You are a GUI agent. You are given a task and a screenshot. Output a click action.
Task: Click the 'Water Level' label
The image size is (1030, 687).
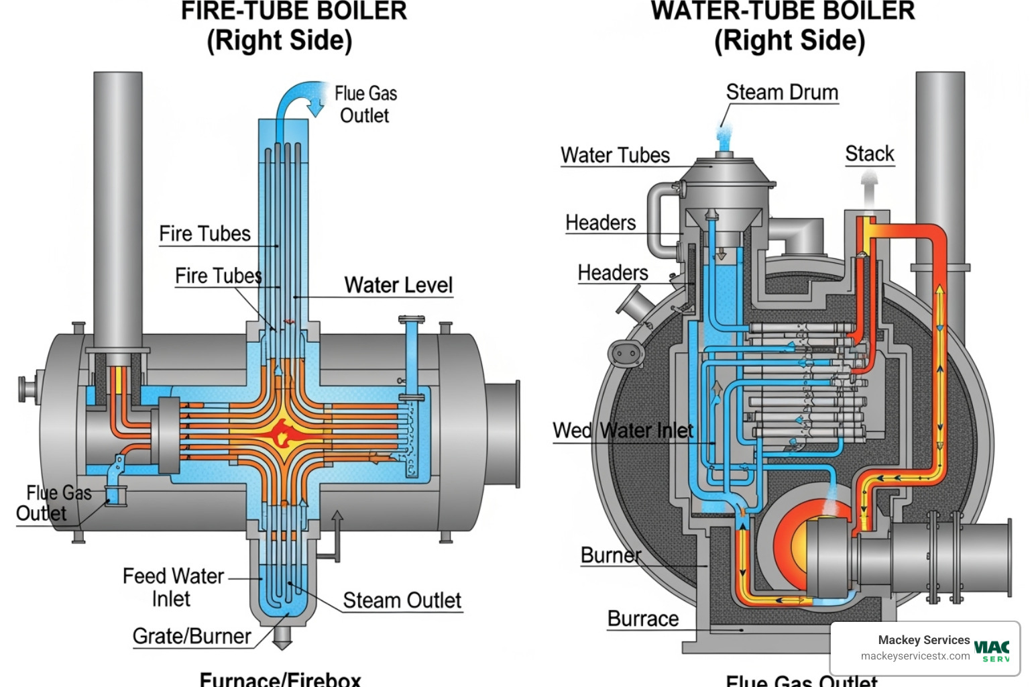(x=398, y=285)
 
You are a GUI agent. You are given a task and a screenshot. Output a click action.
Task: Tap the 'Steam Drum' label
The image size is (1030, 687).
(x=782, y=93)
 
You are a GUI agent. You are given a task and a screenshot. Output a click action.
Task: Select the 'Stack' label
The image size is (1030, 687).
(x=869, y=154)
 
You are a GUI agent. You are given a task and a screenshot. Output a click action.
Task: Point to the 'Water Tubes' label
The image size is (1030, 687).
(x=615, y=156)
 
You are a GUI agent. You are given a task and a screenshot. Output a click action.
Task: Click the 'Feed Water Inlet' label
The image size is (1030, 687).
(x=172, y=587)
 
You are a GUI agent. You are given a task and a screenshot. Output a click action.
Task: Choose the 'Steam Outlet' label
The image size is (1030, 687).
(x=402, y=600)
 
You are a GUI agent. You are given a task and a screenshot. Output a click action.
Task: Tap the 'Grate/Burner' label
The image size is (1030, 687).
(x=192, y=636)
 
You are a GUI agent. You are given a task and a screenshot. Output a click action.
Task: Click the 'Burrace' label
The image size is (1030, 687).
(x=642, y=619)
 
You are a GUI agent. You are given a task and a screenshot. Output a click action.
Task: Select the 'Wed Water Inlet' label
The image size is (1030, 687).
(x=622, y=431)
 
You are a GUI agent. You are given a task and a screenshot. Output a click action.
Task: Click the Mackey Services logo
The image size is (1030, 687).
(x=992, y=649)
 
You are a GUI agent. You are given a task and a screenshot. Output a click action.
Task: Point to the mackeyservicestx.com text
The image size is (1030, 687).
(x=915, y=656)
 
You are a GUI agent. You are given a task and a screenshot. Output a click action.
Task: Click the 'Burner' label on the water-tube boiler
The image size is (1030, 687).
(x=610, y=556)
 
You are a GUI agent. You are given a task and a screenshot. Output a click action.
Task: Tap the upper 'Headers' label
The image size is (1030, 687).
(x=600, y=223)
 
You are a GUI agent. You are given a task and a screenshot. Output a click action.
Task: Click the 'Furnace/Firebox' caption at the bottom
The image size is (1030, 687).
(x=280, y=679)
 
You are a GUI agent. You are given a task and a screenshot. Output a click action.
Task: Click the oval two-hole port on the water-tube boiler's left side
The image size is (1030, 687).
(x=626, y=353)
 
